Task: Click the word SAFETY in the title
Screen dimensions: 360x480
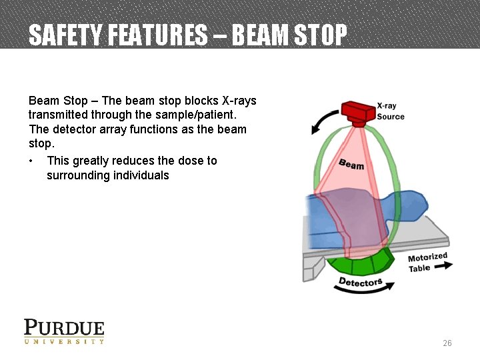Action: tap(61, 35)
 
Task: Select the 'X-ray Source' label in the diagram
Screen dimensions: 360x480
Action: tap(391, 111)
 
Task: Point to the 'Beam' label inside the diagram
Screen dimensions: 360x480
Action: tap(351, 163)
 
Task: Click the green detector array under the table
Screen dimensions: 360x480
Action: tap(363, 263)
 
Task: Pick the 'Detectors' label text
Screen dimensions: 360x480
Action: tap(360, 282)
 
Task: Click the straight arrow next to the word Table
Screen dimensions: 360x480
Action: tap(443, 266)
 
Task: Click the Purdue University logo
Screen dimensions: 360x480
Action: tap(64, 331)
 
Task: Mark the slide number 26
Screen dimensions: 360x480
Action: tap(447, 343)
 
